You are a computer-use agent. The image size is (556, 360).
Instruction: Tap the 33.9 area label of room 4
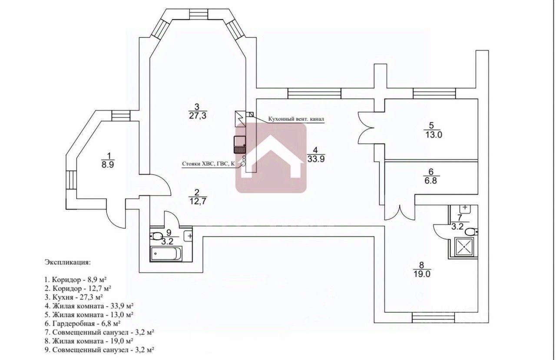(316, 159)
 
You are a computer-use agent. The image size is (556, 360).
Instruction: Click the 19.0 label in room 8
(421, 274)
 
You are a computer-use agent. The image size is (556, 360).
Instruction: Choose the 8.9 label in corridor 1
(109, 165)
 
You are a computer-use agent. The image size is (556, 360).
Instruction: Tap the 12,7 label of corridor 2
(197, 201)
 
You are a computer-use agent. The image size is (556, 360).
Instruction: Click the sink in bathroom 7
(465, 208)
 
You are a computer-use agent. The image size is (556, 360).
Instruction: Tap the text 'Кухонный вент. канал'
(297, 119)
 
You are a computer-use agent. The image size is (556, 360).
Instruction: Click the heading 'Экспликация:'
(67, 263)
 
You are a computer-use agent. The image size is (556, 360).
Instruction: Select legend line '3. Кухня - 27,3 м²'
(77, 297)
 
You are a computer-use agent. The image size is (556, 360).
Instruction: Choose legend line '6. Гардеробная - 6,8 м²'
(86, 324)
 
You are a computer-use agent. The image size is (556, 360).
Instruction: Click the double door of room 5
(366, 127)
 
